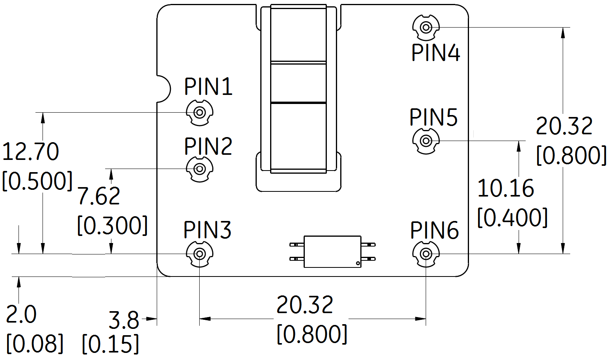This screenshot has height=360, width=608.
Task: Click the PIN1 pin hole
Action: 200,113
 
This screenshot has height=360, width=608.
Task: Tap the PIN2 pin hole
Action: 200,169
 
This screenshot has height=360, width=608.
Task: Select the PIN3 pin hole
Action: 200,254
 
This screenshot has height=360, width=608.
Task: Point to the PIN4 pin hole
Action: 426,28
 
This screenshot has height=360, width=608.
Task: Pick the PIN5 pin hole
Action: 426,141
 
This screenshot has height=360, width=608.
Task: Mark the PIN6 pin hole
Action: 426,254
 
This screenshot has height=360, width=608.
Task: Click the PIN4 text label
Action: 436,53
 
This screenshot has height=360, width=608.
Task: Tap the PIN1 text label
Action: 208,87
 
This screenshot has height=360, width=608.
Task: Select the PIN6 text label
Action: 434,230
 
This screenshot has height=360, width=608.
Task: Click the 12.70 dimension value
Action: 31,152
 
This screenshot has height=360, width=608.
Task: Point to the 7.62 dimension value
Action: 98,196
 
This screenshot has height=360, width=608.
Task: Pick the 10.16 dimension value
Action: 506,188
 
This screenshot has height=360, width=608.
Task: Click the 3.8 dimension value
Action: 124,320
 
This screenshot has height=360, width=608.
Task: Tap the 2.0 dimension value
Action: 22,314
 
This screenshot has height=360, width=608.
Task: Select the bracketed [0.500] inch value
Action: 37,181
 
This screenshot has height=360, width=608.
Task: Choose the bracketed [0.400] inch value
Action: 512,218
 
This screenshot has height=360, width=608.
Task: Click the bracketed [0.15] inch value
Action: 111,344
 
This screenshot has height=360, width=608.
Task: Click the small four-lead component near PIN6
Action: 333,252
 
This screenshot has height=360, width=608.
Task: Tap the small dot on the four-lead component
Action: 357,263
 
